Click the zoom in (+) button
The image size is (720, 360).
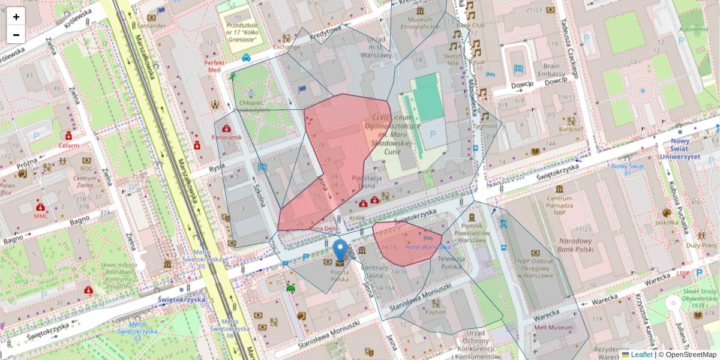point(16,17)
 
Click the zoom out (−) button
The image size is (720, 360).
point(16,35)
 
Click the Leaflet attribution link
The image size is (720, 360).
point(641,355)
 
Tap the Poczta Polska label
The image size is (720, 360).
point(340,275)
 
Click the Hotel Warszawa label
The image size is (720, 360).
point(427,247)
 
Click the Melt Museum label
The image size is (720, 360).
point(553,328)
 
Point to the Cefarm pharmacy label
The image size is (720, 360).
point(68,145)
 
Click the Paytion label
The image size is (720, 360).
point(436,312)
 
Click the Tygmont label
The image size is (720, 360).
point(485,126)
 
